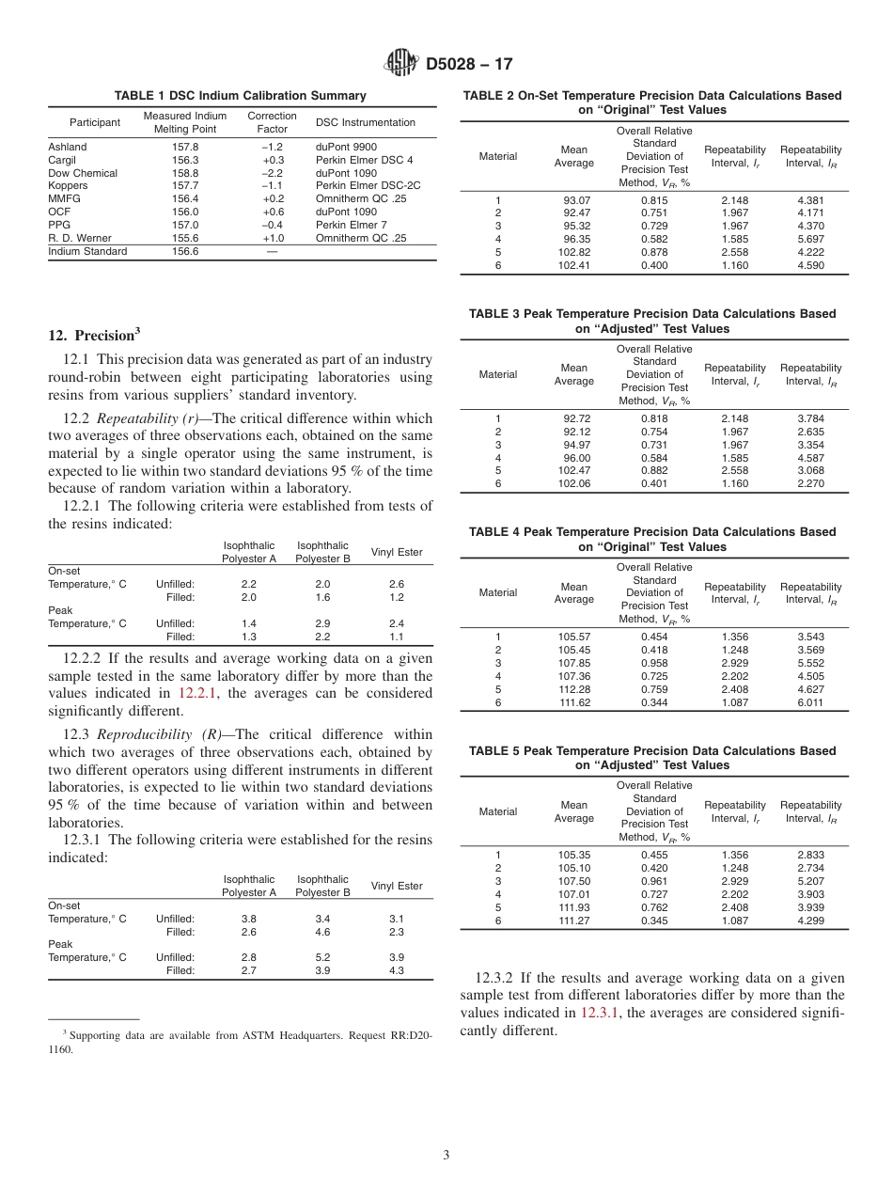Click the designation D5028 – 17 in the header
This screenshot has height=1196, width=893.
point(469,65)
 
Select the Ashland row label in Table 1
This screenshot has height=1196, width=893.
point(68,147)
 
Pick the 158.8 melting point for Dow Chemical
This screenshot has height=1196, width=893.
point(184,173)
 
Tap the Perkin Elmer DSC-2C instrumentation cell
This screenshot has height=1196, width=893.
point(368,186)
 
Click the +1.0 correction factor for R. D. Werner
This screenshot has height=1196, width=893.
point(273,238)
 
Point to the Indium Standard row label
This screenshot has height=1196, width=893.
point(87,252)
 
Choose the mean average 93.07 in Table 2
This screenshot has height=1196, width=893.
point(573,200)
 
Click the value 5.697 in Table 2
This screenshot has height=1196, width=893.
point(810,240)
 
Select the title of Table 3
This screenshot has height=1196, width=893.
point(651,322)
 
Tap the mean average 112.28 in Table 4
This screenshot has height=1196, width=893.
point(573,689)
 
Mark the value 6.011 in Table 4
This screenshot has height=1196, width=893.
point(810,702)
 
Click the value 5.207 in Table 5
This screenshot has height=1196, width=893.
point(810,881)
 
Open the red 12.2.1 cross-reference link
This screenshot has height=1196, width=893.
point(198,693)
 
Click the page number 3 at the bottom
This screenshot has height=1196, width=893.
point(446,1155)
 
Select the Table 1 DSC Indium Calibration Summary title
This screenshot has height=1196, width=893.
point(240,96)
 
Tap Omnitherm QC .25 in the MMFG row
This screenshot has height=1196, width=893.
point(361,199)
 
